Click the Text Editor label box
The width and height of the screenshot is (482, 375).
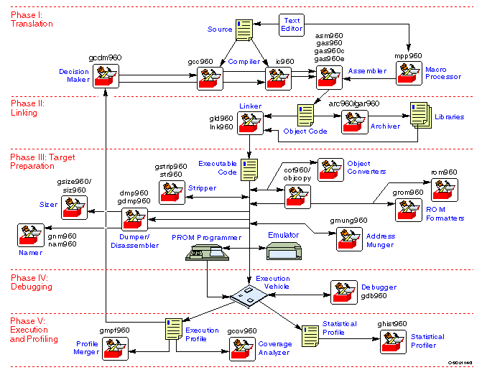292,24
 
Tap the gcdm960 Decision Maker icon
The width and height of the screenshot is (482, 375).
106,76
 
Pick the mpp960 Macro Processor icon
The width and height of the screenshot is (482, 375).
409,74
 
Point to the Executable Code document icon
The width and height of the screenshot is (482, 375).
249,170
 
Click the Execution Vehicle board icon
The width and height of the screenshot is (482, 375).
251,294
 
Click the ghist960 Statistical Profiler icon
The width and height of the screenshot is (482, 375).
394,342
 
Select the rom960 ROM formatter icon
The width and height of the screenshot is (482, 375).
443,189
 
